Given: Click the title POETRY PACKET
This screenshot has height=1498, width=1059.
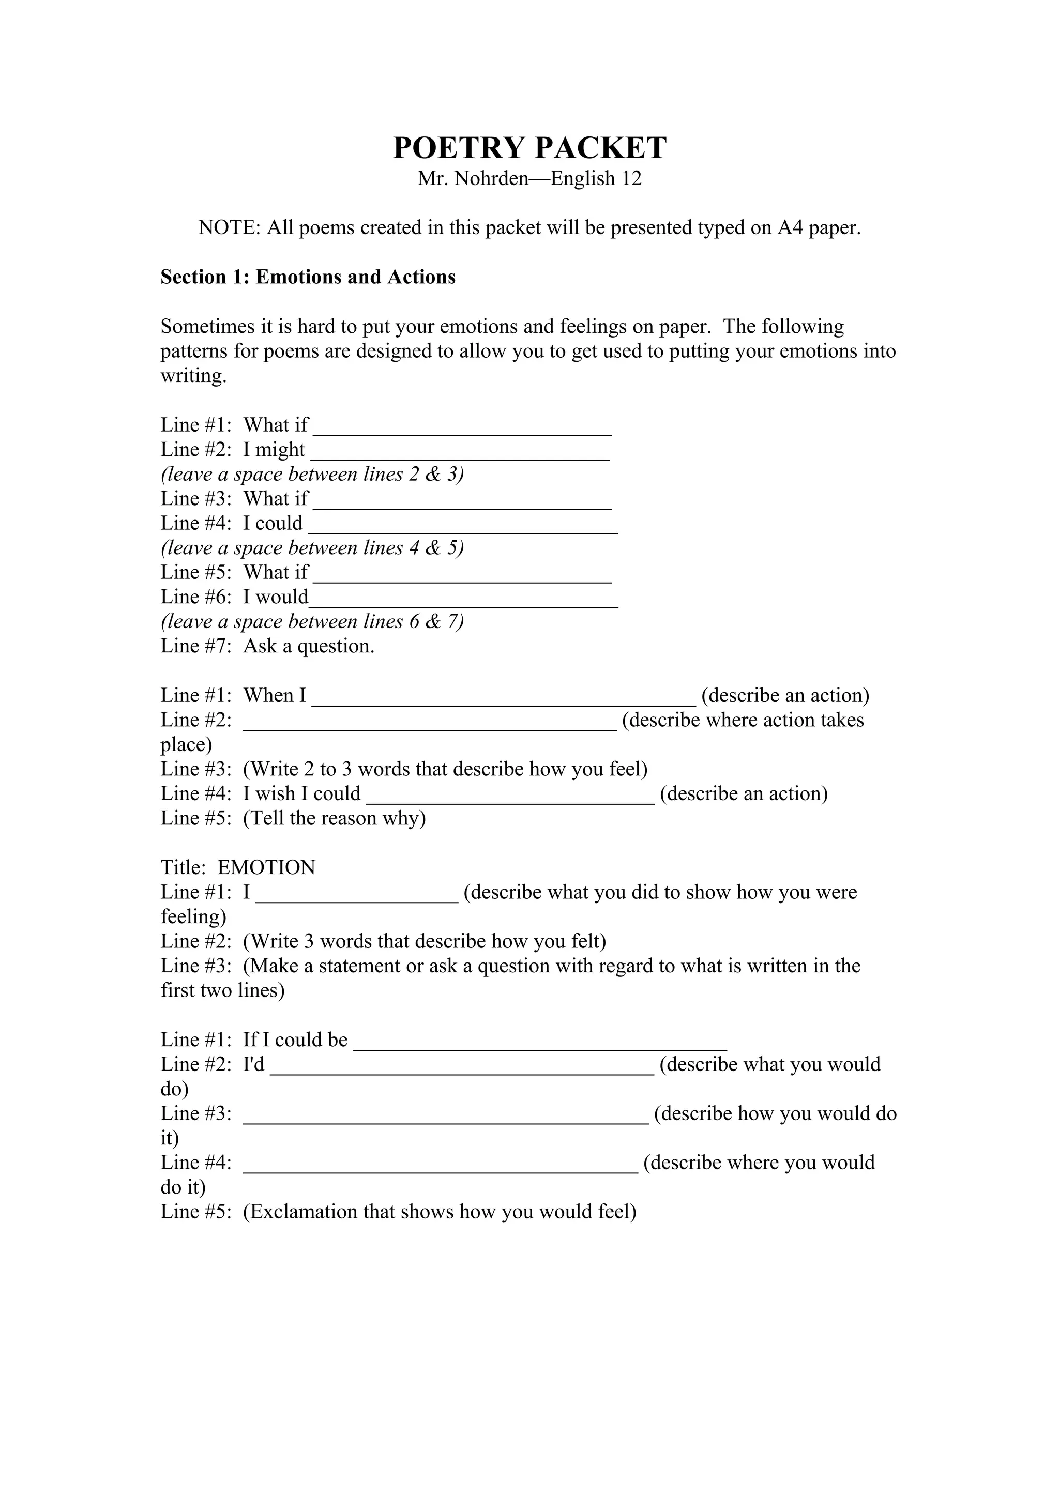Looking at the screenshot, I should click(529, 148).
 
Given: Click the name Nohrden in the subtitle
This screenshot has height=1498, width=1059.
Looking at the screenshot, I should click(491, 178).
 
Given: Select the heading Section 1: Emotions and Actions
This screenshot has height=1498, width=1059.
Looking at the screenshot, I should click(308, 277).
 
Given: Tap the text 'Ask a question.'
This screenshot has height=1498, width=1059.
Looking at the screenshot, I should click(309, 646).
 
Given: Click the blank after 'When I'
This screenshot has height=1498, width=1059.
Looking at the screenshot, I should click(503, 699).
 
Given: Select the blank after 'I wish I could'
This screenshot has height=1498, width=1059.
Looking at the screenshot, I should click(510, 797).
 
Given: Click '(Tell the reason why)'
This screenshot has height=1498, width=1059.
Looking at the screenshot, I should click(334, 818).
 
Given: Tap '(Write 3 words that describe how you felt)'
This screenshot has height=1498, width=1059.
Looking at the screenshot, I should click(425, 941).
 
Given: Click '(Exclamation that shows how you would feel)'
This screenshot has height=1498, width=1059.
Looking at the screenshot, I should click(440, 1212).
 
